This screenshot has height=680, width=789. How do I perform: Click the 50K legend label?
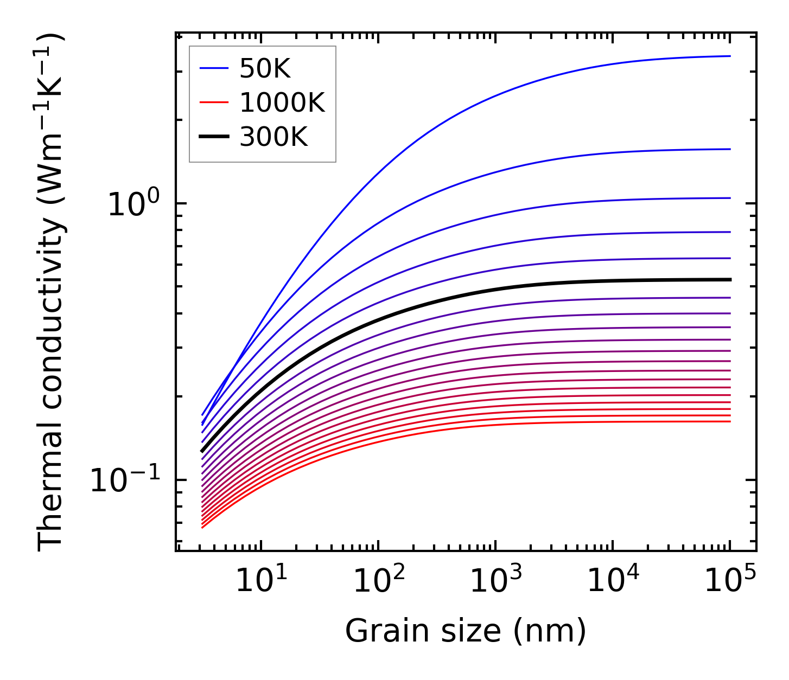(265, 69)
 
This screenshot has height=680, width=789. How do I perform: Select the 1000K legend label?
(282, 102)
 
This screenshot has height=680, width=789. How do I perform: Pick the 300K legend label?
(273, 137)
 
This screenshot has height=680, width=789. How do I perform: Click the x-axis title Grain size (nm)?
(466, 631)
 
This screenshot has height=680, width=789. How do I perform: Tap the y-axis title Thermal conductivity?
(52, 293)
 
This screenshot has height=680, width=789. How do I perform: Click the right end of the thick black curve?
(730, 280)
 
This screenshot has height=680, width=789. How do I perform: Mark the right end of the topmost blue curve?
(730, 56)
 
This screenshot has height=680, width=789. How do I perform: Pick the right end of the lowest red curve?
(730, 421)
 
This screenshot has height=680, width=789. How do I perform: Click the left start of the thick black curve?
(202, 451)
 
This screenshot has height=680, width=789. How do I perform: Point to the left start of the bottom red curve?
(202, 527)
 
